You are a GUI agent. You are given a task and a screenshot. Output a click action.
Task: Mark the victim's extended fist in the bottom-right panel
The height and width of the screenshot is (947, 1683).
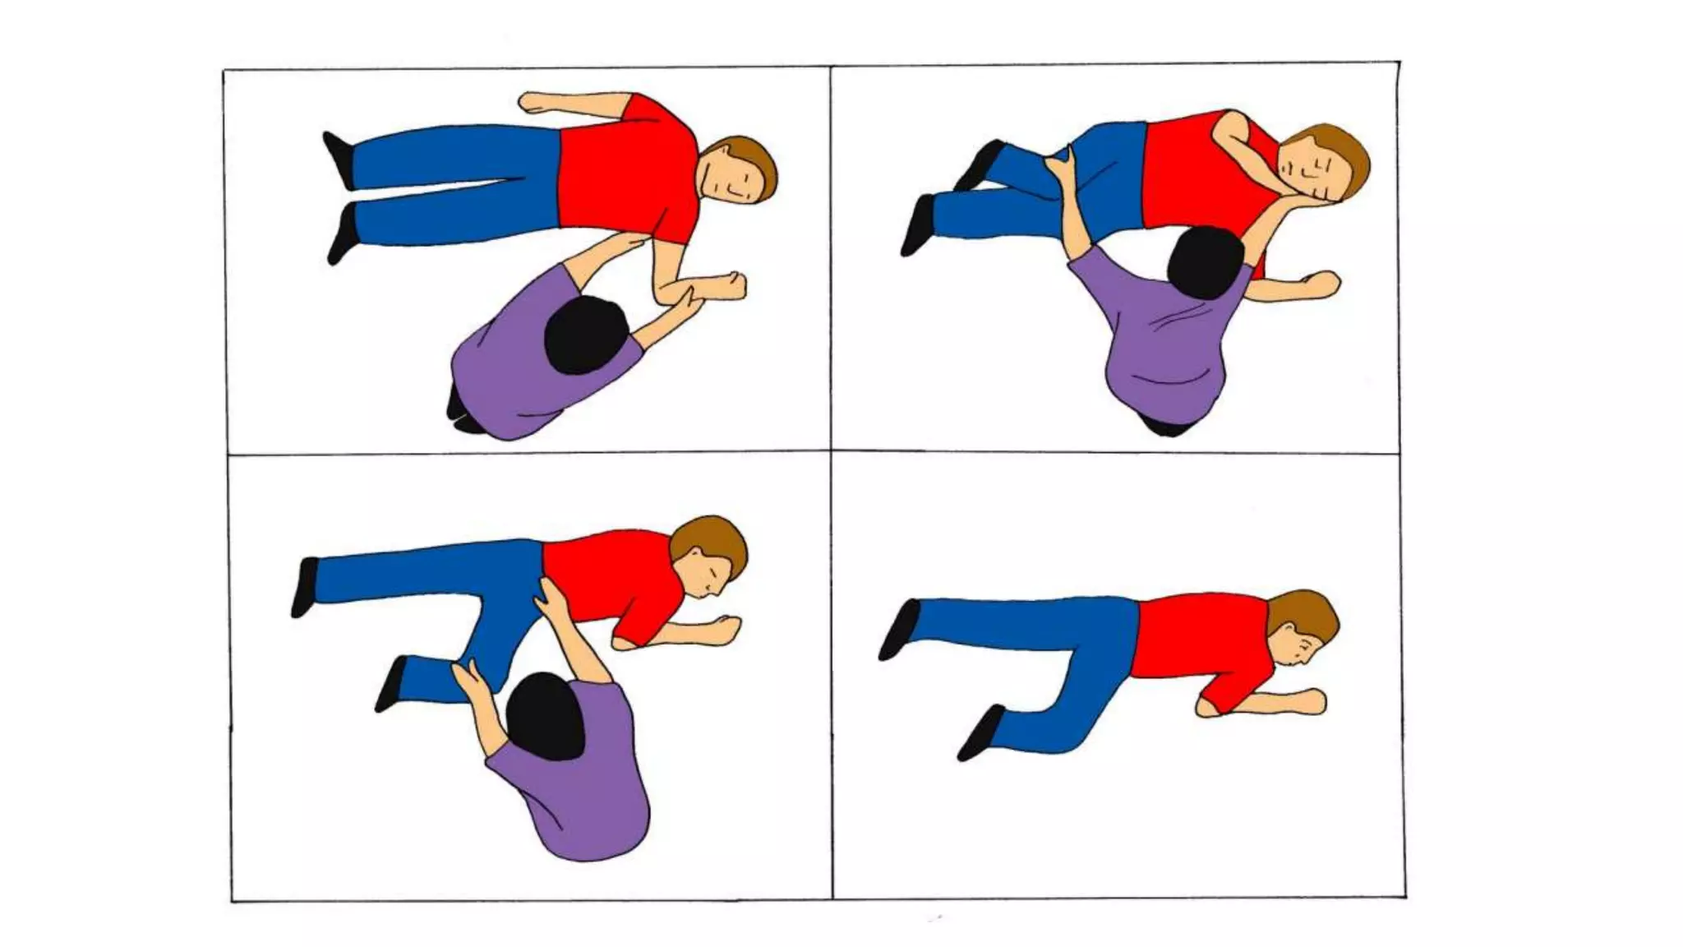[1307, 700]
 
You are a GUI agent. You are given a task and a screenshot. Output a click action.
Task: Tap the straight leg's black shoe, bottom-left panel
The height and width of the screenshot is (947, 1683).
[305, 585]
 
